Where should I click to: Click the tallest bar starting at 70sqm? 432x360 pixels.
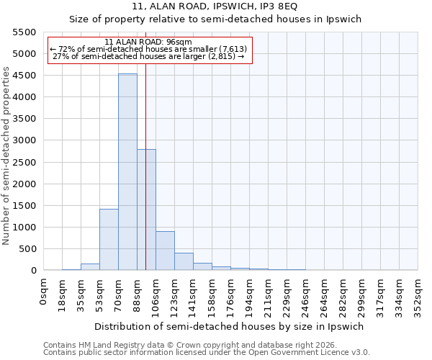coord(127,172)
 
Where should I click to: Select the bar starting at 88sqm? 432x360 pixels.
coord(146,210)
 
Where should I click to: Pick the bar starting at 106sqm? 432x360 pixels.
coord(165,251)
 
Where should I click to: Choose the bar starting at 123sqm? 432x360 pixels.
coord(184,261)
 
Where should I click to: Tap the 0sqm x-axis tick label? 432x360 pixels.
coord(44,292)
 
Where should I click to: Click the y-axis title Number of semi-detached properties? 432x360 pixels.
coord(6,156)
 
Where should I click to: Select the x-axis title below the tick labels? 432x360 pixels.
coord(230,326)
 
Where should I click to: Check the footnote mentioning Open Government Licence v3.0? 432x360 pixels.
coord(207,353)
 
